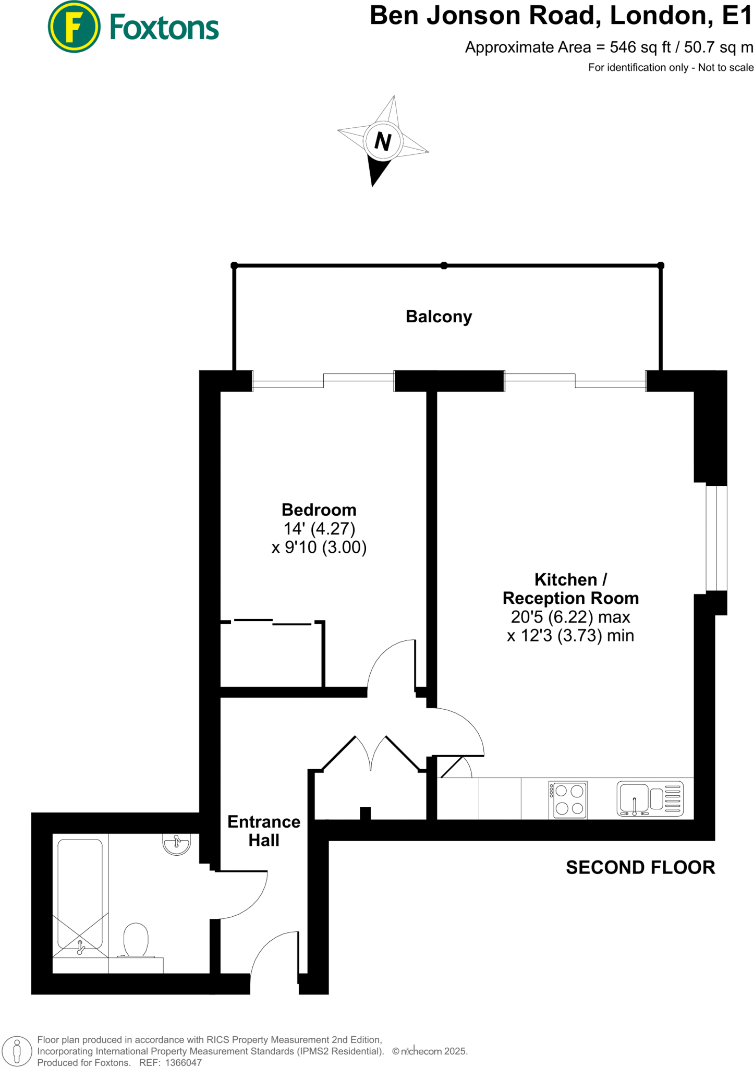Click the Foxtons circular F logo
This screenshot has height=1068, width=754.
[x=74, y=27]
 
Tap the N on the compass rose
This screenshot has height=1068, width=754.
[x=383, y=141]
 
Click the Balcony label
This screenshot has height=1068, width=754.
[x=439, y=317]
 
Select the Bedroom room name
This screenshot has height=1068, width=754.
[x=319, y=509]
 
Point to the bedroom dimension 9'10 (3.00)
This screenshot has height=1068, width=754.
[x=319, y=547]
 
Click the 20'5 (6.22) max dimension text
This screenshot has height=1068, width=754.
[x=570, y=617]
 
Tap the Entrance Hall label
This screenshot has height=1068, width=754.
[x=264, y=831]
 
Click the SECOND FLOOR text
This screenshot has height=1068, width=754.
[x=640, y=867]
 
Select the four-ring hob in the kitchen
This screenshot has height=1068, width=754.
[x=568, y=799]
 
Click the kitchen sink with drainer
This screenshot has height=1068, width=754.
[x=649, y=798]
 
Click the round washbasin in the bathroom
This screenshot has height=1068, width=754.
[x=177, y=843]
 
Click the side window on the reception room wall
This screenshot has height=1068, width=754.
[x=716, y=538]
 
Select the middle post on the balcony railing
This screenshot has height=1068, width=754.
[x=444, y=265]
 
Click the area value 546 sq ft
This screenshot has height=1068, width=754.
[x=640, y=47]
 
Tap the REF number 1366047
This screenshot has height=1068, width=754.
[x=183, y=1062]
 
